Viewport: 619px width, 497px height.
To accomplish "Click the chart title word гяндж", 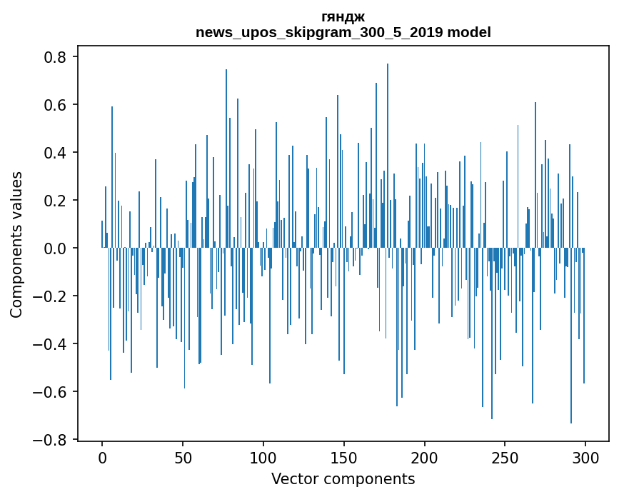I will click(343, 16).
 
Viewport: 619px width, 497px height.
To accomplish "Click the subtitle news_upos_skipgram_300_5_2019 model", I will click(343, 32).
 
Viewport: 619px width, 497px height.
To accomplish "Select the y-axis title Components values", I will click(16, 244).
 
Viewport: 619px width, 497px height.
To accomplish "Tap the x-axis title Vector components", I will click(343, 478).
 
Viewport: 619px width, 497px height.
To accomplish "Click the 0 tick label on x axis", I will click(102, 457).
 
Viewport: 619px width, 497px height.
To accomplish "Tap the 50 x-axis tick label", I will click(183, 457).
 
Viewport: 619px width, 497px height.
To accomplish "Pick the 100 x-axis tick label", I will click(263, 457).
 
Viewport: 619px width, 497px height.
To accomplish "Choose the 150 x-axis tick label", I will click(344, 457).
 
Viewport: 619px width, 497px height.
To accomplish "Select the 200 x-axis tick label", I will click(425, 457).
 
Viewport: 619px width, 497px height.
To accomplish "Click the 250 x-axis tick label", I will click(505, 457).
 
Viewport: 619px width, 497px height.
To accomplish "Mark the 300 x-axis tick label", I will click(585, 457).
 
